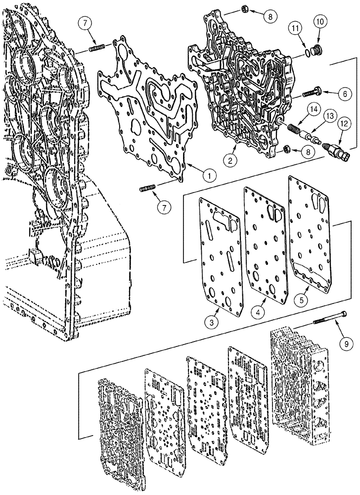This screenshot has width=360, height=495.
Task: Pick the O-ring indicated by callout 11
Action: tap(308, 50)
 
